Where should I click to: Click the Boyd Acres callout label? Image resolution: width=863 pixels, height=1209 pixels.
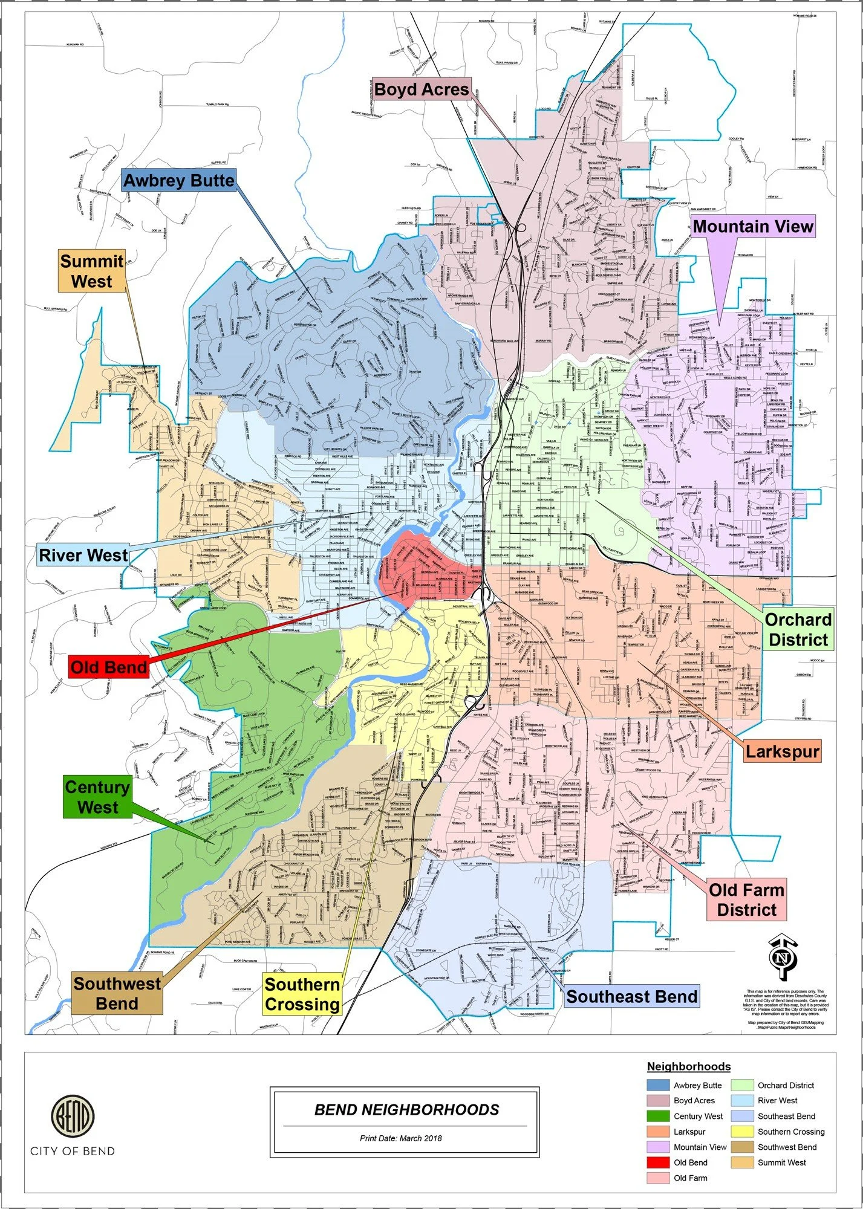tap(421, 89)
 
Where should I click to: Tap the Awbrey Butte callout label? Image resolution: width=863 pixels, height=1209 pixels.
tap(178, 181)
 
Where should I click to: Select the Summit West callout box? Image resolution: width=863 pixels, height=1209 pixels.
tap(91, 271)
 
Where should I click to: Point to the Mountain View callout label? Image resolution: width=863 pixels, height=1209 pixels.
tap(752, 227)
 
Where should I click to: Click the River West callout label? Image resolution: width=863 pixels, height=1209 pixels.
tap(83, 555)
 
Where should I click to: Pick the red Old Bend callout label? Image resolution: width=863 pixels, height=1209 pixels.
tap(109, 667)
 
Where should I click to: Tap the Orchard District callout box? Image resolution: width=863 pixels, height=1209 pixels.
tap(798, 629)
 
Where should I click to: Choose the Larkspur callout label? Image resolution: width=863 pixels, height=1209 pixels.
tap(782, 751)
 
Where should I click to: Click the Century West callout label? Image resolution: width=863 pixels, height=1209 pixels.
tap(97, 797)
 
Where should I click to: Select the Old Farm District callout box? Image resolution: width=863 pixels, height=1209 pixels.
tap(746, 899)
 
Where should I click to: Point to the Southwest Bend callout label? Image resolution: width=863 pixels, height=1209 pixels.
tap(117, 993)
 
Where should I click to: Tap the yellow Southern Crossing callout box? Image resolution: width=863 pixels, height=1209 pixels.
tap(302, 994)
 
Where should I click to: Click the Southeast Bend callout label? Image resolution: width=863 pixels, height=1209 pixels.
tap(631, 996)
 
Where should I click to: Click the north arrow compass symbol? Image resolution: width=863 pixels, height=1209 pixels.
tap(783, 958)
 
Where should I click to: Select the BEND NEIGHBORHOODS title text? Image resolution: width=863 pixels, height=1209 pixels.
tap(406, 1110)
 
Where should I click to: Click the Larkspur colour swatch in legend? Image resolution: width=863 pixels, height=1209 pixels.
tap(658, 1132)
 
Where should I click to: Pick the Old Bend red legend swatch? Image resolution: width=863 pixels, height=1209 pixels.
tap(658, 1162)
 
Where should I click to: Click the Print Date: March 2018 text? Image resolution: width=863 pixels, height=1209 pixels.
tap(400, 1138)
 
